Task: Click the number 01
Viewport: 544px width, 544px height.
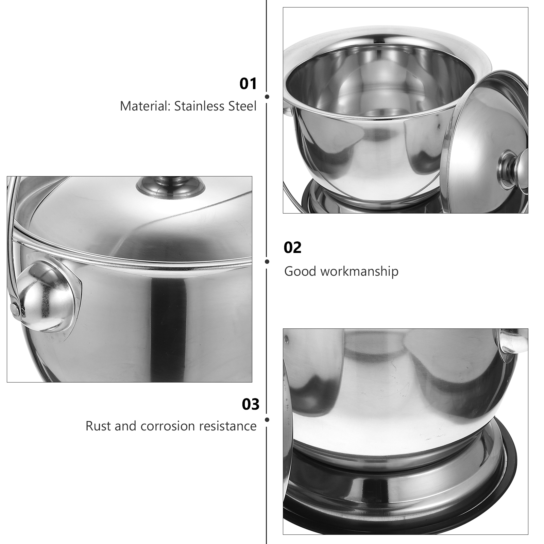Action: tap(248, 84)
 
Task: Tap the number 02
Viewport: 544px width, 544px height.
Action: tap(292, 248)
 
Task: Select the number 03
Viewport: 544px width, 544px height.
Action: tap(251, 404)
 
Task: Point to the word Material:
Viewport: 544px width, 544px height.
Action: tap(145, 106)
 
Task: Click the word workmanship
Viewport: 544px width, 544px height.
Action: tap(359, 271)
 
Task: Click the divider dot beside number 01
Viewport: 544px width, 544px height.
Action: tap(267, 97)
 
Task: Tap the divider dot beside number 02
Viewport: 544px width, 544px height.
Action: tap(267, 261)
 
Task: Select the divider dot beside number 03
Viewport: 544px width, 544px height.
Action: tap(267, 420)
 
